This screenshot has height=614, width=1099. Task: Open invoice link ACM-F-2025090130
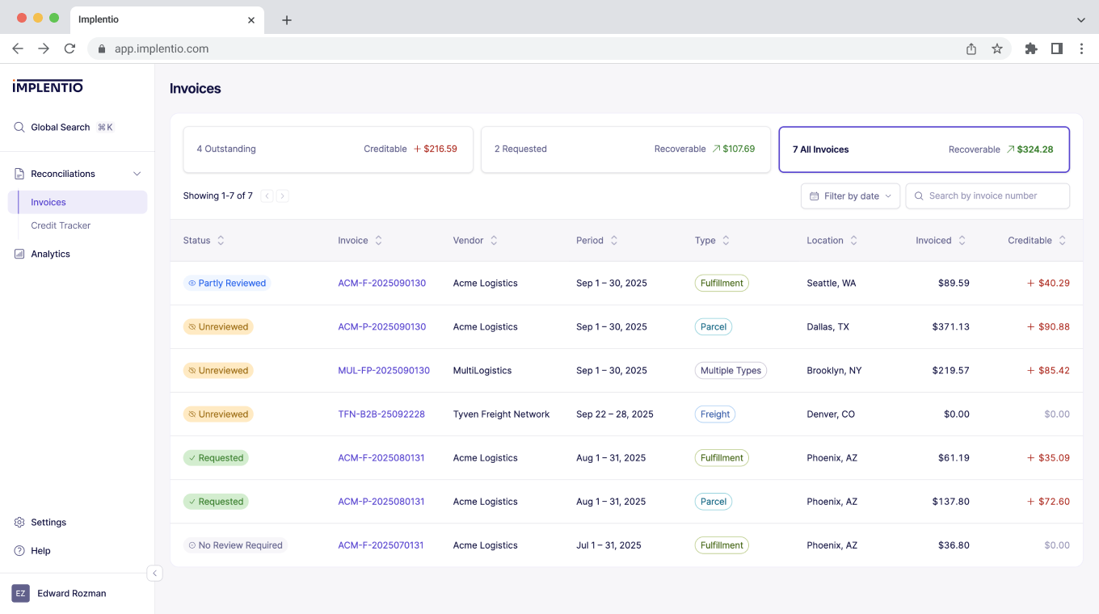[x=381, y=284]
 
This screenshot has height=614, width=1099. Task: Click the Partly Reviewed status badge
[x=226, y=284]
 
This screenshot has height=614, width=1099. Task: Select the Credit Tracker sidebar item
[x=61, y=225]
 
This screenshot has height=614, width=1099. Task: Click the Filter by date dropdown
[x=850, y=196]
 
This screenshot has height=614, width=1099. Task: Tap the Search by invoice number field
[x=987, y=196]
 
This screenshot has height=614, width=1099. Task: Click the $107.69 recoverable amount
[x=739, y=149]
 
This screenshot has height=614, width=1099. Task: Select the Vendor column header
[x=469, y=241]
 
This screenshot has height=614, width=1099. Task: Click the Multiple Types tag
[x=731, y=371]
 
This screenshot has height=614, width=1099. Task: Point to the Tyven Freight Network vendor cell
[x=501, y=414]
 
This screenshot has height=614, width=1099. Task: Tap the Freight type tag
[x=715, y=414]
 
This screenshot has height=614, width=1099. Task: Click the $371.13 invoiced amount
[x=950, y=327]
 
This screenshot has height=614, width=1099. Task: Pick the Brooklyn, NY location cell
[x=834, y=371]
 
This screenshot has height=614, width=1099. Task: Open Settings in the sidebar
[x=48, y=523]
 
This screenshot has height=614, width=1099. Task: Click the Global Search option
[x=61, y=128]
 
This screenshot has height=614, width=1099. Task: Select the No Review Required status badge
[x=235, y=545]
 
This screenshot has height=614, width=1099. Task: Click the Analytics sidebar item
[x=50, y=254]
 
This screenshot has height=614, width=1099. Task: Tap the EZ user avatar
[x=20, y=594]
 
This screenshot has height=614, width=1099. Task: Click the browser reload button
[x=69, y=48]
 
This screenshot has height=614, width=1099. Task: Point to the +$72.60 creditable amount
[x=1048, y=502]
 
